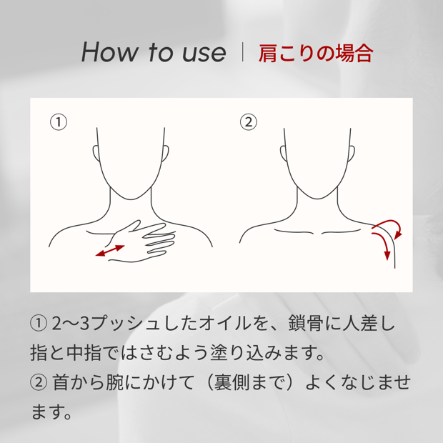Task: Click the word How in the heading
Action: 109,51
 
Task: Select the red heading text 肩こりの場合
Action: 316,53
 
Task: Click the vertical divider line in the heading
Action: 242,52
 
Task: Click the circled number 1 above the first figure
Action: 59,122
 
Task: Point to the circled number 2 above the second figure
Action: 249,122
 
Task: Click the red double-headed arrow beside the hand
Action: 110,251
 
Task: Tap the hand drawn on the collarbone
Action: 141,241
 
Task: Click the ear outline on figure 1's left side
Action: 96,154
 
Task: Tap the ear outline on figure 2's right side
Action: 352,154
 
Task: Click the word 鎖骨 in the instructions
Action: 306,323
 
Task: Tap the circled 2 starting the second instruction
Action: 39,382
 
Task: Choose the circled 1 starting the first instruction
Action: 39,324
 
